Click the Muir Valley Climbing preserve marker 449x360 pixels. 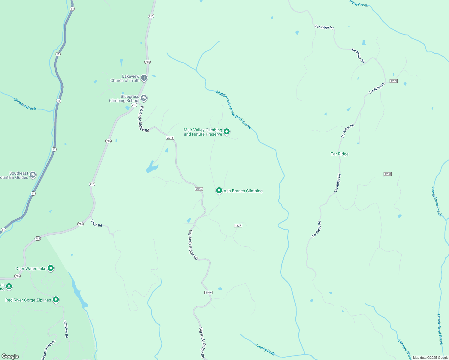(x=227, y=131)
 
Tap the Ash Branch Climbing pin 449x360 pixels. (x=219, y=190)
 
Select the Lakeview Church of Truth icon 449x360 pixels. (x=144, y=78)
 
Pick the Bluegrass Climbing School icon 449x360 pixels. (x=144, y=98)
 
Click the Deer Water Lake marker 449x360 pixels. (x=51, y=268)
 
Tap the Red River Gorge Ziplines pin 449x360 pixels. (x=56, y=299)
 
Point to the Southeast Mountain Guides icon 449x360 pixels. (x=33, y=175)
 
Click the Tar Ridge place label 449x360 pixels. (x=339, y=154)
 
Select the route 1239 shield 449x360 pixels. (x=393, y=81)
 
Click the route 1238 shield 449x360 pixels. (x=387, y=174)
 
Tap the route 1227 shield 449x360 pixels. (x=238, y=226)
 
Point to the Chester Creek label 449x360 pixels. (x=25, y=104)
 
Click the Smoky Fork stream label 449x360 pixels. (x=265, y=349)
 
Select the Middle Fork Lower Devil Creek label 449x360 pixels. (x=234, y=109)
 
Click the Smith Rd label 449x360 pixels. (x=96, y=223)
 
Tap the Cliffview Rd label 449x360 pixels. (x=66, y=329)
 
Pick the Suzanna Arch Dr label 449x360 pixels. (x=49, y=350)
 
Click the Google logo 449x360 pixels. (x=10, y=356)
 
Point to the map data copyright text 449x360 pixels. (x=430, y=358)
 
